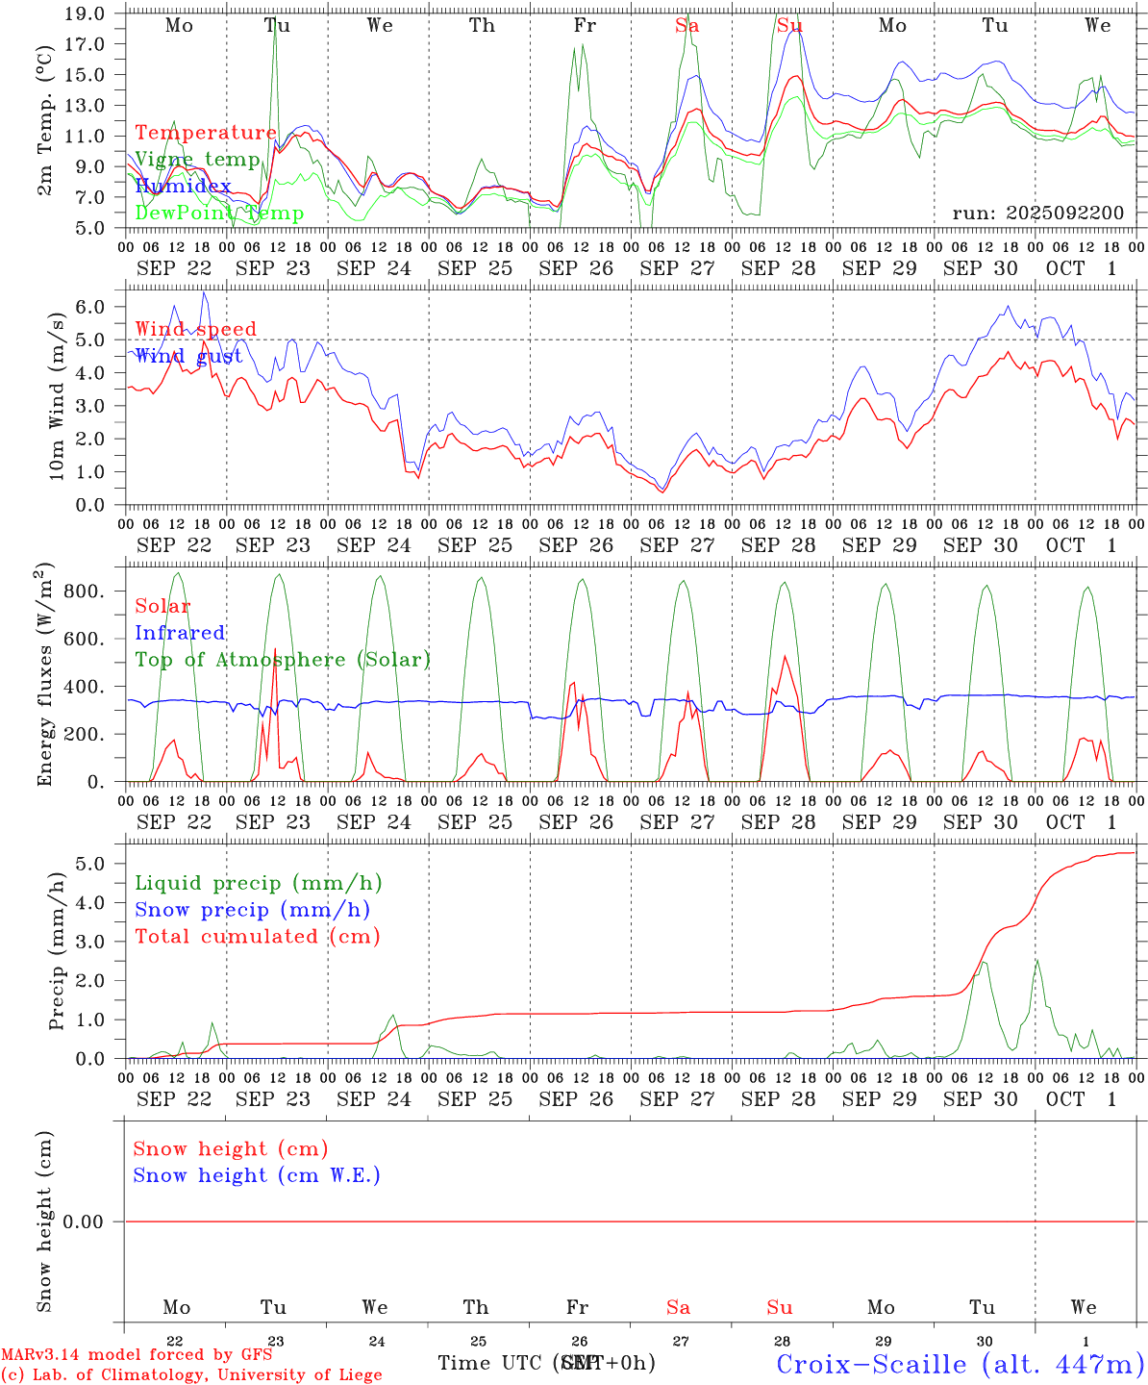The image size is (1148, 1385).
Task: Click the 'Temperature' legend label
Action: [205, 133]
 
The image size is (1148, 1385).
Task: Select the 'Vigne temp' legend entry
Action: [197, 160]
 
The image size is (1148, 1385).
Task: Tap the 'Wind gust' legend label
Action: [188, 356]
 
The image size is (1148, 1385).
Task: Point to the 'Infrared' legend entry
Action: [180, 633]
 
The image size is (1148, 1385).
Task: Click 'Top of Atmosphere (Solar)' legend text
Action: [283, 660]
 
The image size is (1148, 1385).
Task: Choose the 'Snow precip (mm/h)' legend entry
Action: [252, 910]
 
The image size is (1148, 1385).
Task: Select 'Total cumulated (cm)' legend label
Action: [258, 937]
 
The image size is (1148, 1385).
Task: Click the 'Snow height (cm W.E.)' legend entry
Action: [257, 1175]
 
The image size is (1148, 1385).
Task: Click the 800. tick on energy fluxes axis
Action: [83, 592]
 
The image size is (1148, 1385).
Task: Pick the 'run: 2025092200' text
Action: [1037, 214]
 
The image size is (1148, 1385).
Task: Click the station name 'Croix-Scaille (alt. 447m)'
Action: [960, 1364]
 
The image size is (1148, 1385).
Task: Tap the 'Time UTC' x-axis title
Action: [490, 1363]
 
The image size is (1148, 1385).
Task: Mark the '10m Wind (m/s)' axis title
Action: [57, 397]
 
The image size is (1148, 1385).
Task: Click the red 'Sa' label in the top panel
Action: [686, 26]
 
